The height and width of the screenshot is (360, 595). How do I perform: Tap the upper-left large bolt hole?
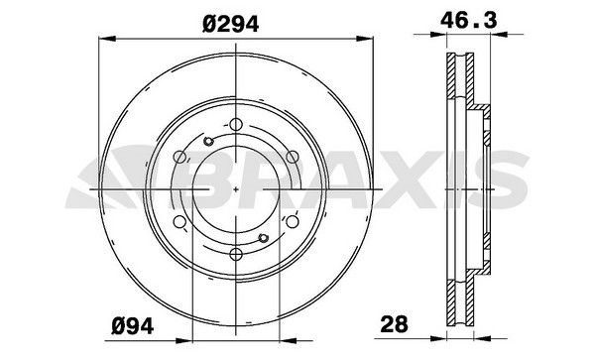pos(178,157)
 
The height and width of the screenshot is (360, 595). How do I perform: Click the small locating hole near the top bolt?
pos(208,141)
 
